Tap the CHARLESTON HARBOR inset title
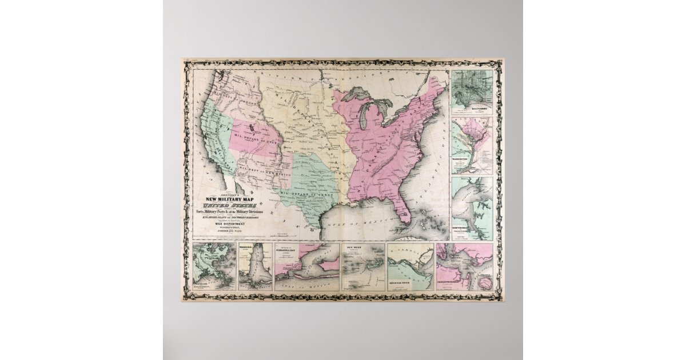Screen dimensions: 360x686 pyautogui.click(x=454, y=283)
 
